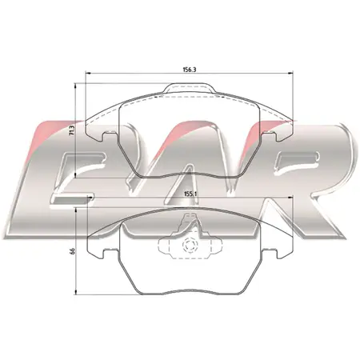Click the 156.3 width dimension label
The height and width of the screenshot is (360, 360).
(190, 70)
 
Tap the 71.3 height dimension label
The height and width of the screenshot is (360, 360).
(71, 131)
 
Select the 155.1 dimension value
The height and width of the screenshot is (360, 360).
(190, 194)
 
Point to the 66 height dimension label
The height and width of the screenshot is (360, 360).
(73, 250)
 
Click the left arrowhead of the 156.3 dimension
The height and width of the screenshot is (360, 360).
(87, 73)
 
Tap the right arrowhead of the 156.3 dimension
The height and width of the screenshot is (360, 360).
(291, 73)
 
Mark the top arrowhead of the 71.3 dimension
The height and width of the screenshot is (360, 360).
(76, 86)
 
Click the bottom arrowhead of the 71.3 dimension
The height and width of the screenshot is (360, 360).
(76, 175)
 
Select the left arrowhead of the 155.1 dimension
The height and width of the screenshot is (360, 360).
(90, 198)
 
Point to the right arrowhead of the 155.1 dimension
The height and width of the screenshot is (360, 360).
(290, 198)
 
